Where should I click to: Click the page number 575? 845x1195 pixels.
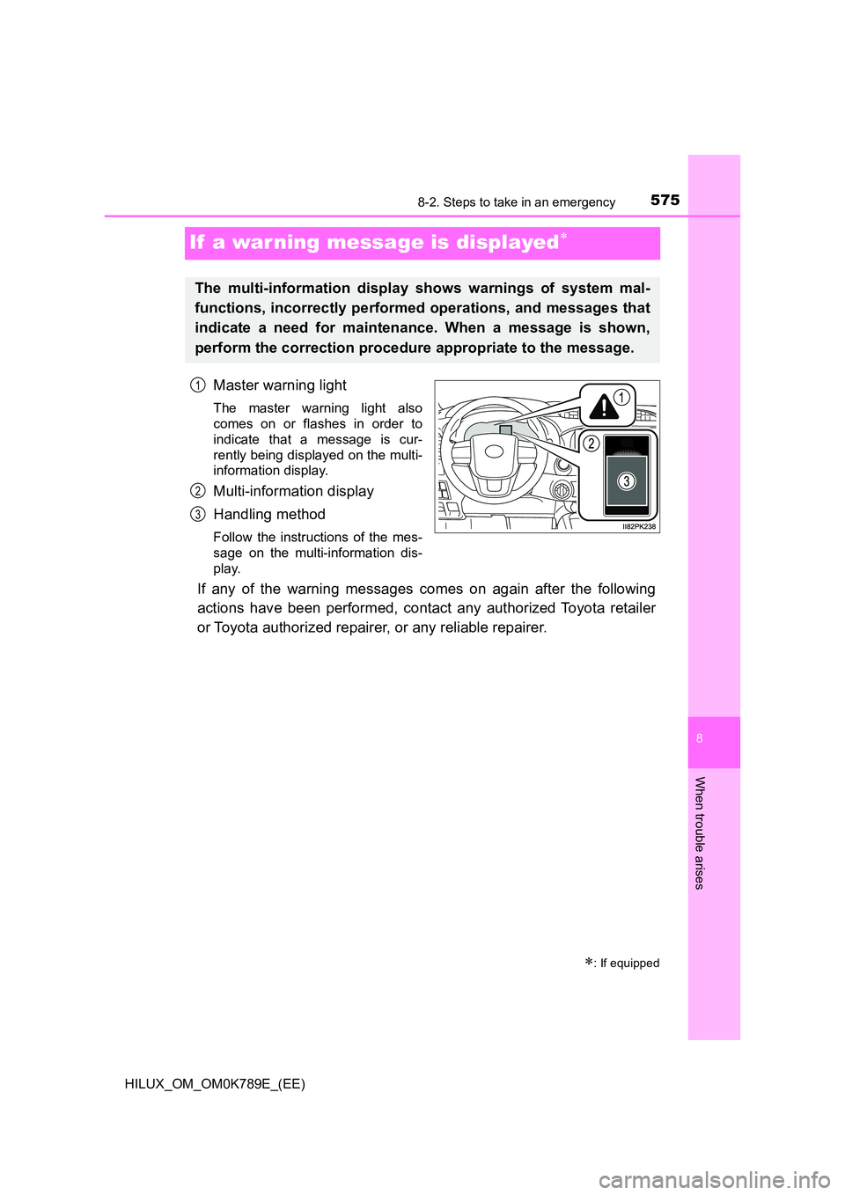[665, 200]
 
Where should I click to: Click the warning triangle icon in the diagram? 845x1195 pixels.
[604, 407]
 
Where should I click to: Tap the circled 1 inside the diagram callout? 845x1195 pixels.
[621, 397]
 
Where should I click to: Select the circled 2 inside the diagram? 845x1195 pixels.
[591, 444]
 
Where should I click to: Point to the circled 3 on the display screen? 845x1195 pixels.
[626, 481]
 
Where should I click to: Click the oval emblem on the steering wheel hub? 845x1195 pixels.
[494, 452]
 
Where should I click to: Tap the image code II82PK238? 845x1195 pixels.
[639, 526]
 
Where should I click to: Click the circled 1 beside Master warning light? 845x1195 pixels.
[198, 385]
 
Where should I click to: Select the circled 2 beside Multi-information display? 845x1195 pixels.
[198, 491]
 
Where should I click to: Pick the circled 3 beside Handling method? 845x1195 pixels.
[198, 514]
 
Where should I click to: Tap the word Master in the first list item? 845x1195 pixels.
[236, 385]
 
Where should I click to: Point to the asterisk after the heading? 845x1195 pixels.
[563, 237]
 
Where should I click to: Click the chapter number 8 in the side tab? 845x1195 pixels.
[700, 738]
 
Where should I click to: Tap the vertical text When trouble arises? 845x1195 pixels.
[700, 832]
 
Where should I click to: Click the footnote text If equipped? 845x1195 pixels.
[628, 963]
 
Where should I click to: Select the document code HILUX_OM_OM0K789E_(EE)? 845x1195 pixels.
[215, 1083]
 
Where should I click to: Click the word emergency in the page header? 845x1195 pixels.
[584, 202]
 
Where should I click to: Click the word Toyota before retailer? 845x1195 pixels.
[584, 608]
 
